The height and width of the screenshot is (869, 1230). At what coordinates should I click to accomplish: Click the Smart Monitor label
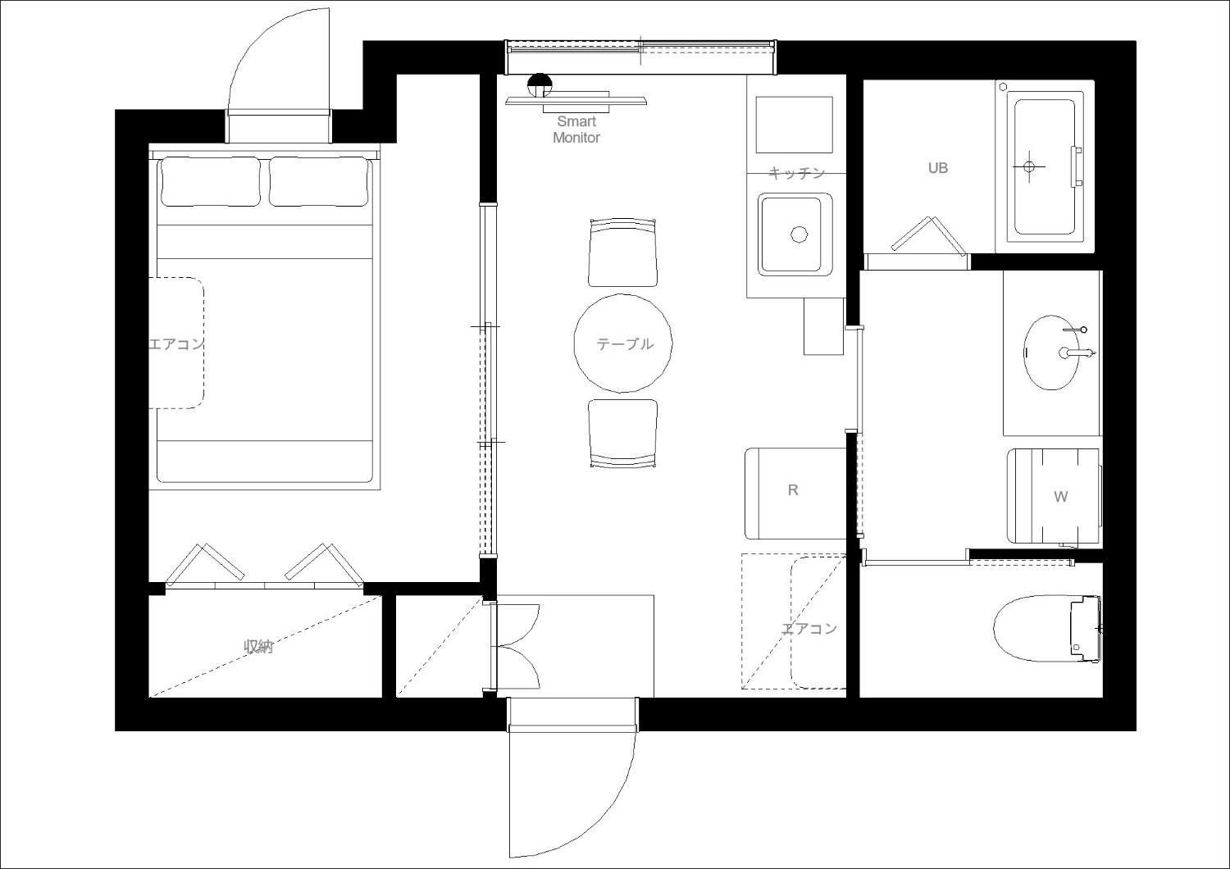coord(576,130)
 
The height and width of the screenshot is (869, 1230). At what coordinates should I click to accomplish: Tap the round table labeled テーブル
coord(623,344)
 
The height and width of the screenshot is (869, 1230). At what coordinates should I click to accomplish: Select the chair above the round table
coord(622,253)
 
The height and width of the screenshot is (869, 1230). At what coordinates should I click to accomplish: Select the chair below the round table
coord(622,434)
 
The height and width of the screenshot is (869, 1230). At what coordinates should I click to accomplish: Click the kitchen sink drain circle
coord(799,234)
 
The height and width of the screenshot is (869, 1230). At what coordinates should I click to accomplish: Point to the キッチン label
coord(797,174)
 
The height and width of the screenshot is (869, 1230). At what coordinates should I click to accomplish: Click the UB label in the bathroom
coord(938,168)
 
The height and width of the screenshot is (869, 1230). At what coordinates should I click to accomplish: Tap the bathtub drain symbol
coord(1029,166)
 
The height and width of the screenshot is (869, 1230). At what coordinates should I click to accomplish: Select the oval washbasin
coord(1051,353)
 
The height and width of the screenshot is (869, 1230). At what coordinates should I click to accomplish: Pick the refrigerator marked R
coord(795,494)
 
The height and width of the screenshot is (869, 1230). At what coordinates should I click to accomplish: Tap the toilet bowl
coord(1032,629)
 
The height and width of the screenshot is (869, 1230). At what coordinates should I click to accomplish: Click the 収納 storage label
coord(258,647)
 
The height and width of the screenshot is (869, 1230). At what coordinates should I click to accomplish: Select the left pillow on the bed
coord(210,182)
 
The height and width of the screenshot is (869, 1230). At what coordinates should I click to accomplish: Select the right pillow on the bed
coord(318,182)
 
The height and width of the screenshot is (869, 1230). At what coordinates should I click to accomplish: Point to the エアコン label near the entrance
coord(809,628)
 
